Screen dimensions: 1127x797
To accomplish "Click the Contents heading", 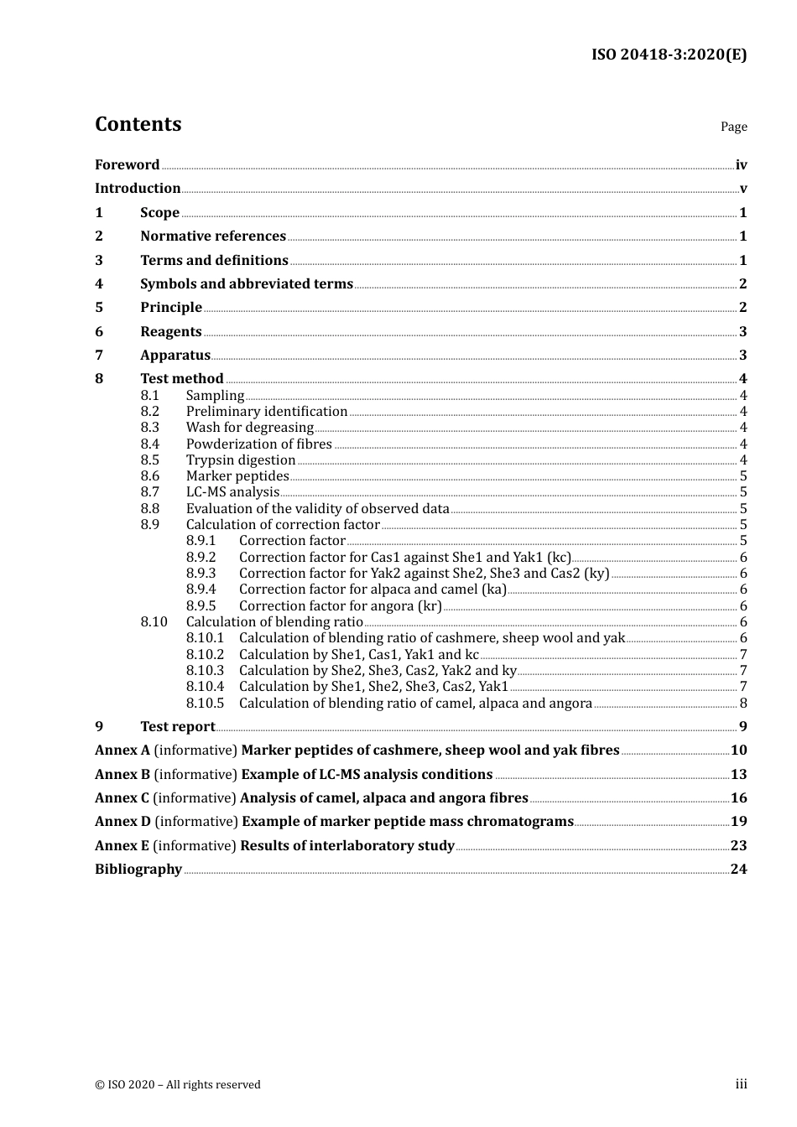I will point(138,124).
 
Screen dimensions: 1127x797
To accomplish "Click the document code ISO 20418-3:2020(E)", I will point(669,55).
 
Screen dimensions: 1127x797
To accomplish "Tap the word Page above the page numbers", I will point(733,127).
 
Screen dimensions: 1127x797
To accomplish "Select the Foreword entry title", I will point(127,165).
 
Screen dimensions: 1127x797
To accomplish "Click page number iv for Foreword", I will point(741,165).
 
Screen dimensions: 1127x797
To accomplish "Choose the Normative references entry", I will point(213,236).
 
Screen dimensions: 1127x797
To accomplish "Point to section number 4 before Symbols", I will point(99,284).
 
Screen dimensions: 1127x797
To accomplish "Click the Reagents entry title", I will point(170,332).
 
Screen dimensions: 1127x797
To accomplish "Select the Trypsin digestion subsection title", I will point(241,460).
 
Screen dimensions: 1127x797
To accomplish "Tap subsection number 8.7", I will point(149,492).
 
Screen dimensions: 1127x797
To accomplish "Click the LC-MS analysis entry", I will point(232,492).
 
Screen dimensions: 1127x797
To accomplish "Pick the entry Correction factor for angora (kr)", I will point(340,606).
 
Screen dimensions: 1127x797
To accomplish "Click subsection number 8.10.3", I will point(205,671).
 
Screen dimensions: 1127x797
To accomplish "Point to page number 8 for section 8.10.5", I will point(743,704).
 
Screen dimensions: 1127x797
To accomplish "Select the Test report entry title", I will point(177,727).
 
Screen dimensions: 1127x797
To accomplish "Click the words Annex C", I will point(122,798).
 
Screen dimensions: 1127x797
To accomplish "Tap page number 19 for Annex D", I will point(738,822).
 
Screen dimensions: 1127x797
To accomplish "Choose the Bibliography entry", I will point(138,870).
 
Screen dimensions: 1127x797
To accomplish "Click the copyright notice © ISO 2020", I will point(178,1085).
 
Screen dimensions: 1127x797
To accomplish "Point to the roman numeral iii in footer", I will point(741,1084).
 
